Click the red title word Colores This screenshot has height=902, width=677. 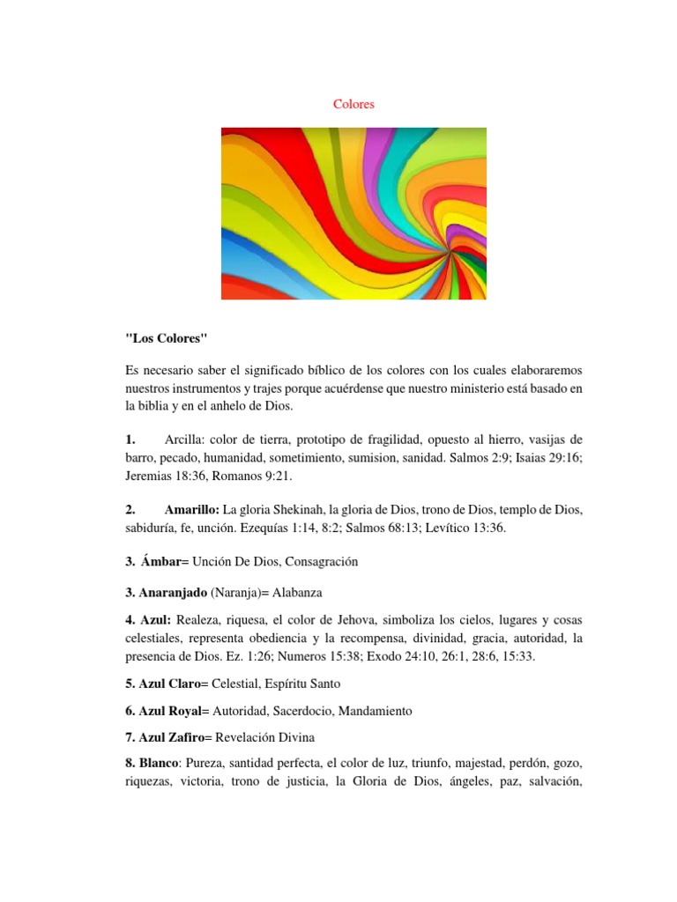[x=353, y=104]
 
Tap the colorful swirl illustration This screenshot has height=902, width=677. [x=353, y=213]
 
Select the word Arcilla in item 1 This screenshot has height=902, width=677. [x=184, y=439]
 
